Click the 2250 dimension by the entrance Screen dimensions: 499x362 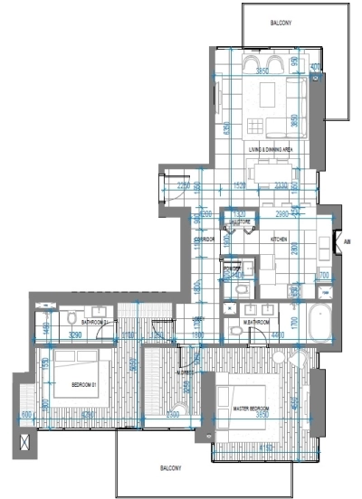(185, 186)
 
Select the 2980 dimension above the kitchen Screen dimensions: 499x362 (283, 215)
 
